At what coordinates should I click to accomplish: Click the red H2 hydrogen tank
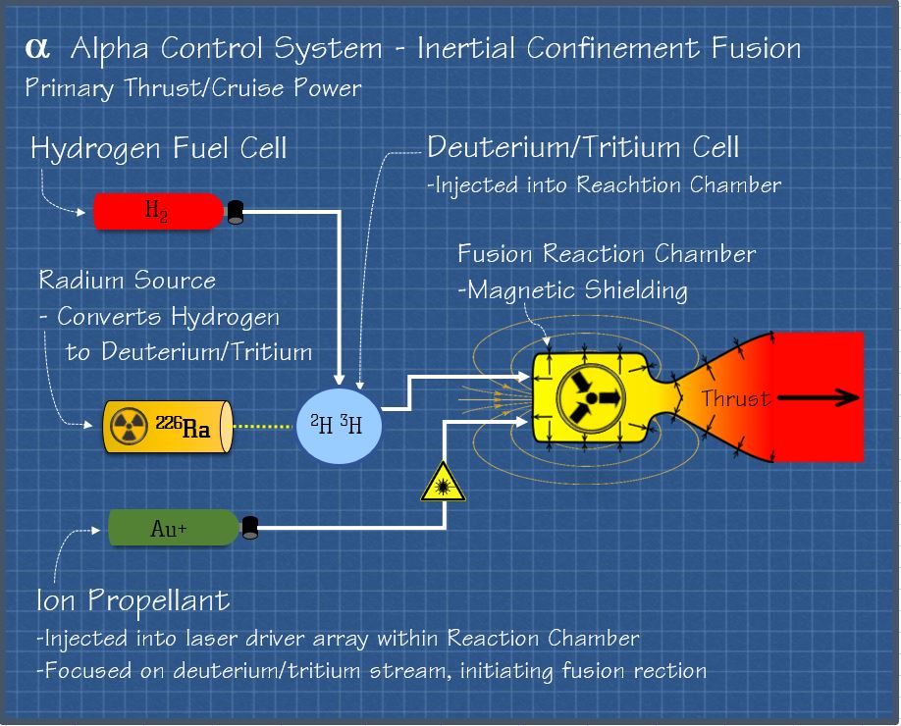click(x=157, y=211)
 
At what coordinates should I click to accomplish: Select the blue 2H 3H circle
click(x=338, y=425)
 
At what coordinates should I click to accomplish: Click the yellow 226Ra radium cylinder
click(x=167, y=427)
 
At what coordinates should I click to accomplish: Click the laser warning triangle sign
click(x=443, y=483)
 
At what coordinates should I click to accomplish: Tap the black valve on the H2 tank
click(x=236, y=212)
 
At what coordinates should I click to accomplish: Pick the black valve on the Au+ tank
click(x=250, y=528)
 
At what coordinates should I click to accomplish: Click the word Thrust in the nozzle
click(x=736, y=398)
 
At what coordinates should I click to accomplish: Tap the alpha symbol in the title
click(x=38, y=49)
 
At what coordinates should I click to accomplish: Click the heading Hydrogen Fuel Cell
click(x=159, y=149)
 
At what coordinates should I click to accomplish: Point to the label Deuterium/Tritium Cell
click(x=583, y=148)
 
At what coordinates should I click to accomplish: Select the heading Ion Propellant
click(x=132, y=599)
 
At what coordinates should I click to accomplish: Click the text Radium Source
click(x=128, y=281)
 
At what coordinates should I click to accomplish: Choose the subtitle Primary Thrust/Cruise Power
click(x=193, y=88)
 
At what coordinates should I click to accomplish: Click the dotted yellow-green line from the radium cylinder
click(x=263, y=427)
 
